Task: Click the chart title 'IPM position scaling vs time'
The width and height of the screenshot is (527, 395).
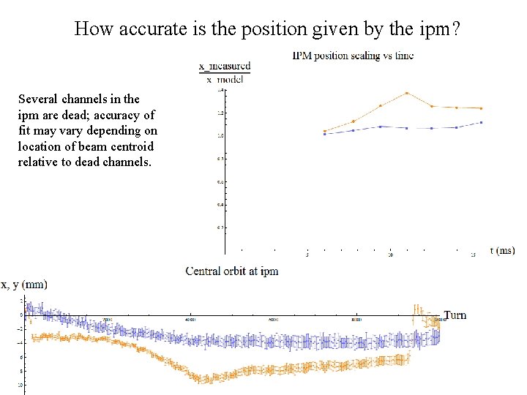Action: coord(353,56)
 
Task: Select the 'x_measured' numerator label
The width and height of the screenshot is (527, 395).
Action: coord(225,67)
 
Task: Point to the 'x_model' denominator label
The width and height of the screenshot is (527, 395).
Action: coord(225,79)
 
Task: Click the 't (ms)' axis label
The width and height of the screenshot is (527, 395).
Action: coord(502,251)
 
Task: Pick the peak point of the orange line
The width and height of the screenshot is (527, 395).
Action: coord(406,93)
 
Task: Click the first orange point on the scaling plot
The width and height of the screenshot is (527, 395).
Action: coord(324,132)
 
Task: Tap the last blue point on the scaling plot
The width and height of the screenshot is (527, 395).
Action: coord(481,122)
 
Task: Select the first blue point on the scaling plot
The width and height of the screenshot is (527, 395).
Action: coord(324,135)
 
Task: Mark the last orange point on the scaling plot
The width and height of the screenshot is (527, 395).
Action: coord(481,108)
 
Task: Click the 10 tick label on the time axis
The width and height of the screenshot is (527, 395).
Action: coord(390,255)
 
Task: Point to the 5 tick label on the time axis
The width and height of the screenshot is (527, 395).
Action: coord(307,255)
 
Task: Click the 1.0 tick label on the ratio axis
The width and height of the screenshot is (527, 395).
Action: coord(220,136)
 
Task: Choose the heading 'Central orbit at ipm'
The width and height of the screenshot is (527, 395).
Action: coord(232,271)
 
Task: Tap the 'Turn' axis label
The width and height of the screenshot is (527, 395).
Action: coord(455,315)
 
